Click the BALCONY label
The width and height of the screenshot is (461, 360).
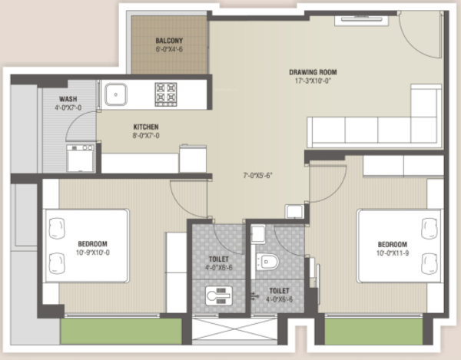click(169, 41)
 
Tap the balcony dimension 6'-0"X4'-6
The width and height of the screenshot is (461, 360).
click(169, 49)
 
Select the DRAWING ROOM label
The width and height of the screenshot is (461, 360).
click(313, 72)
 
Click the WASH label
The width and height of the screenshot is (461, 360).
click(68, 99)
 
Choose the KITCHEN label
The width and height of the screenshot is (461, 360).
click(146, 126)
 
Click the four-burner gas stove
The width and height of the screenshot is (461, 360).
click(166, 94)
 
